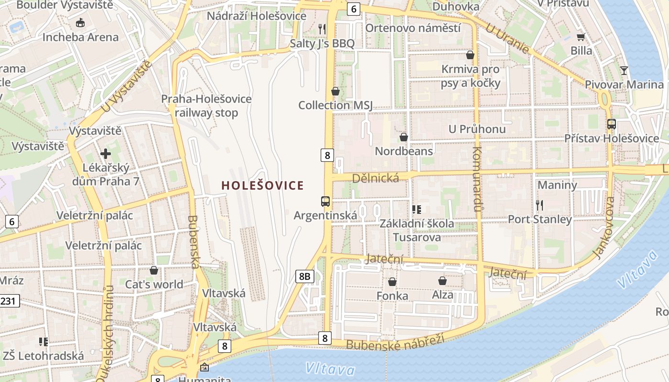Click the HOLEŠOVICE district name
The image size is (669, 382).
tap(262, 185)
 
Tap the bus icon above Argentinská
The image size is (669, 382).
tap(325, 201)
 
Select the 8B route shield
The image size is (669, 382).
tap(304, 276)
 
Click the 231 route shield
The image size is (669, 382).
tap(9, 301)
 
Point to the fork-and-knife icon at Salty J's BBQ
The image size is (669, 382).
tap(322, 29)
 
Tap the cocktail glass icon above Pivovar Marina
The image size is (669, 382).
tap(624, 71)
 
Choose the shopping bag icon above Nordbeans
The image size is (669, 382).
tap(404, 137)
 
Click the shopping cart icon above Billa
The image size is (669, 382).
tap(581, 37)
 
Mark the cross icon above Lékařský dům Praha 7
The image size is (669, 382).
tap(106, 154)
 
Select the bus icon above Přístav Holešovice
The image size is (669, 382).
tap(612, 124)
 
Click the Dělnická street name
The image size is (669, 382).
tap(375, 178)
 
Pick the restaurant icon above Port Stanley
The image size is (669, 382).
tap(540, 205)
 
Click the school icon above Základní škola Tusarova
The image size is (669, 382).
tap(417, 209)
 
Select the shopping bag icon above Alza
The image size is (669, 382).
tap(442, 281)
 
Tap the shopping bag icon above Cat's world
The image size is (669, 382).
tap(154, 271)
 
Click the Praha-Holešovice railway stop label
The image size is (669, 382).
tap(206, 106)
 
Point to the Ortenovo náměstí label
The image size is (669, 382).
tap(413, 28)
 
